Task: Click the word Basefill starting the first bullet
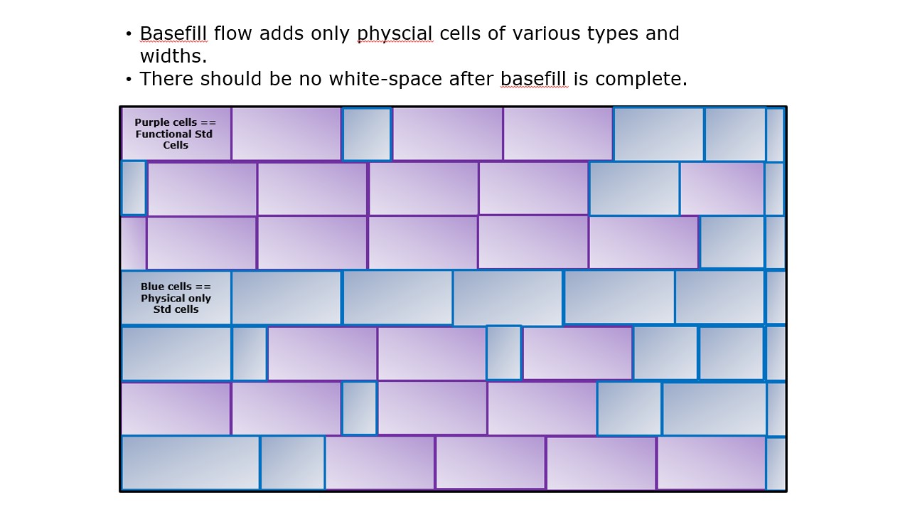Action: coord(173,33)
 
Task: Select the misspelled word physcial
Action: coord(395,34)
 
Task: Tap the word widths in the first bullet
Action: coord(173,56)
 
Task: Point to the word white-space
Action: coord(385,79)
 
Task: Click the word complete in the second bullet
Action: coord(641,79)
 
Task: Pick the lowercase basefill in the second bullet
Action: coord(533,79)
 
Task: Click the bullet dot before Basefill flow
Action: coord(129,33)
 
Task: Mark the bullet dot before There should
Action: coord(129,79)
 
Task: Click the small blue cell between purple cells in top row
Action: coord(367,134)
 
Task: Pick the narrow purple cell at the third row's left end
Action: coord(134,243)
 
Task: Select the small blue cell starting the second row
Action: coord(134,188)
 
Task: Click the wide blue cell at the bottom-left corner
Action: coord(190,463)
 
